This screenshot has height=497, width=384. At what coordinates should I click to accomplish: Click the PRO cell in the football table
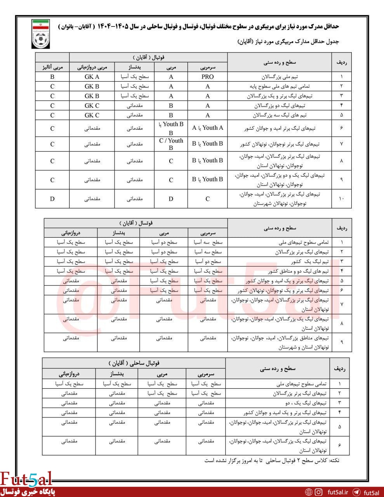[207, 76]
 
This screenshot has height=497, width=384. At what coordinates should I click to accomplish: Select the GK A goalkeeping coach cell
[92, 76]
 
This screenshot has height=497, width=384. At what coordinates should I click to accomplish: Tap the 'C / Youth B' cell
[171, 144]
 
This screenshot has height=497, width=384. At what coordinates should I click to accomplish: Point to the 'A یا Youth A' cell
[207, 128]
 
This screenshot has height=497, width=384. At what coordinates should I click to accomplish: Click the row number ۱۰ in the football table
[341, 199]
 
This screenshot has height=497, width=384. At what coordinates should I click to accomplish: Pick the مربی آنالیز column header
[52, 67]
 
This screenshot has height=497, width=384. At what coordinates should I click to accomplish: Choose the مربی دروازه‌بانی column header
[92, 67]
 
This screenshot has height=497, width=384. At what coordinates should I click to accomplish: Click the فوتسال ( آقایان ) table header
[136, 223]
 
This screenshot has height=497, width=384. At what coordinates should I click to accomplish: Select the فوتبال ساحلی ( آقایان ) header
[134, 363]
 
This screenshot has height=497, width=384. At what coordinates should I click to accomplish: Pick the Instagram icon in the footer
[318, 492]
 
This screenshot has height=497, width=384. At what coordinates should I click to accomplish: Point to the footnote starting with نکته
[272, 461]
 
